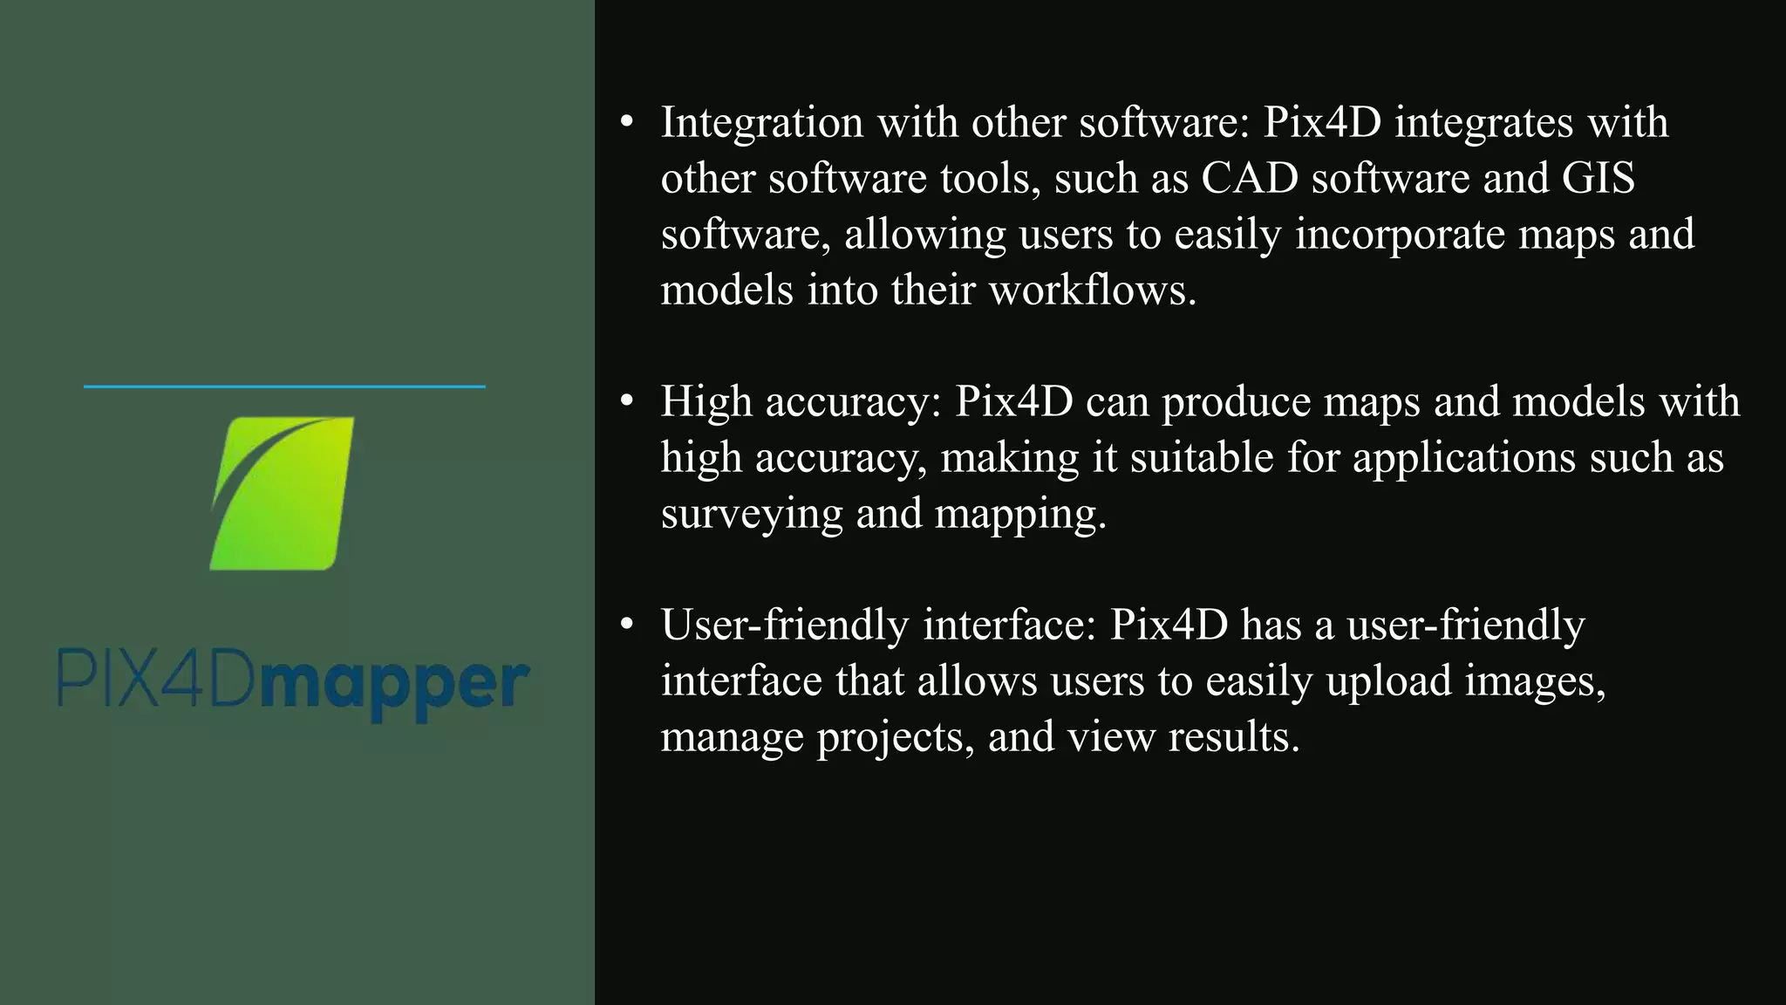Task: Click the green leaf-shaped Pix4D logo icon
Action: pos(283,494)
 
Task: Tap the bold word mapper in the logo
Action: pos(394,686)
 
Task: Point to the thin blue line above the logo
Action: pos(284,386)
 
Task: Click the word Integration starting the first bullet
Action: pos(761,122)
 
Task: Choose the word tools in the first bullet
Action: pos(990,178)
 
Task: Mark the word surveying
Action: pos(752,514)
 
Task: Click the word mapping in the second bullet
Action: pos(1019,514)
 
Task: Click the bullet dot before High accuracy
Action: pos(626,402)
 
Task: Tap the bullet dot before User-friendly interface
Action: pos(626,626)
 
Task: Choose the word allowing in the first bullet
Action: pos(924,235)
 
